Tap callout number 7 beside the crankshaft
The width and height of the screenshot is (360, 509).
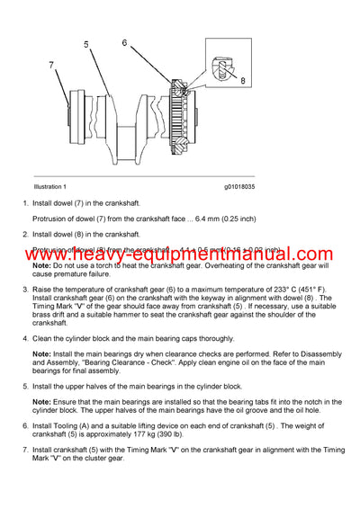pos(51,66)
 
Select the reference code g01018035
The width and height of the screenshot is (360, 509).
pos(240,186)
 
